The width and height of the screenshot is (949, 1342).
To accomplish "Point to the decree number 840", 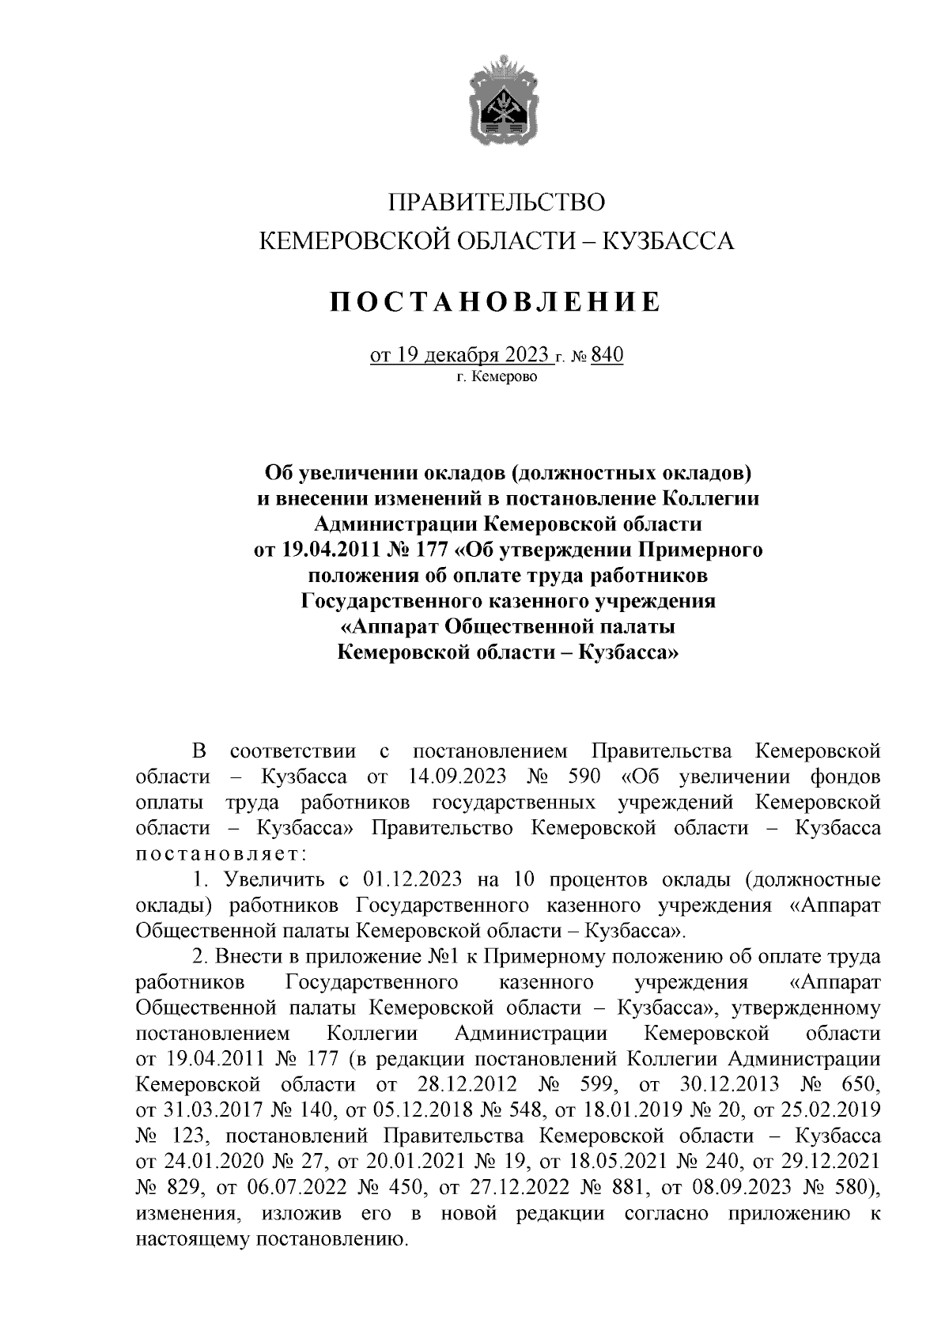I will click(607, 355).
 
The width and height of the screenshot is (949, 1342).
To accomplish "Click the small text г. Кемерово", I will click(497, 377).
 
